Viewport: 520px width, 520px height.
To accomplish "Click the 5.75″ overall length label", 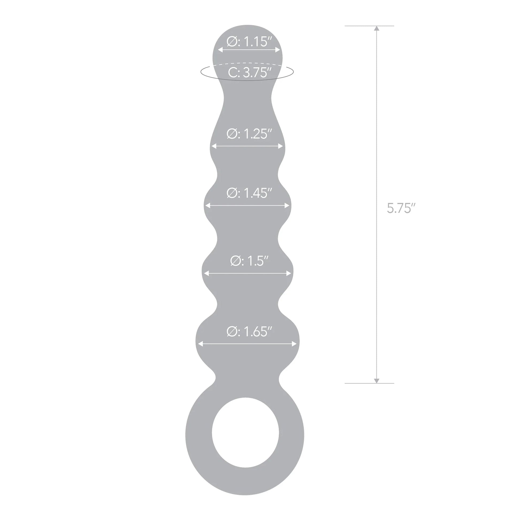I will (x=401, y=208).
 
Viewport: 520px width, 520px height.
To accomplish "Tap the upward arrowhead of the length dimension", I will (x=377, y=29).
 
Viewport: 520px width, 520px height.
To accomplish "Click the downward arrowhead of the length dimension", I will (x=377, y=381).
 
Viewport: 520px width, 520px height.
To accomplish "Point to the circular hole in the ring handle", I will (x=245, y=433).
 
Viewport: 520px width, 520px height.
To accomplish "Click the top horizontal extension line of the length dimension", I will (x=369, y=26).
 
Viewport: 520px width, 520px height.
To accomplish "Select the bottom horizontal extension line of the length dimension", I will (x=369, y=383).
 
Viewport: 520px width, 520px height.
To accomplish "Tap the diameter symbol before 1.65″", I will (x=232, y=331).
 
